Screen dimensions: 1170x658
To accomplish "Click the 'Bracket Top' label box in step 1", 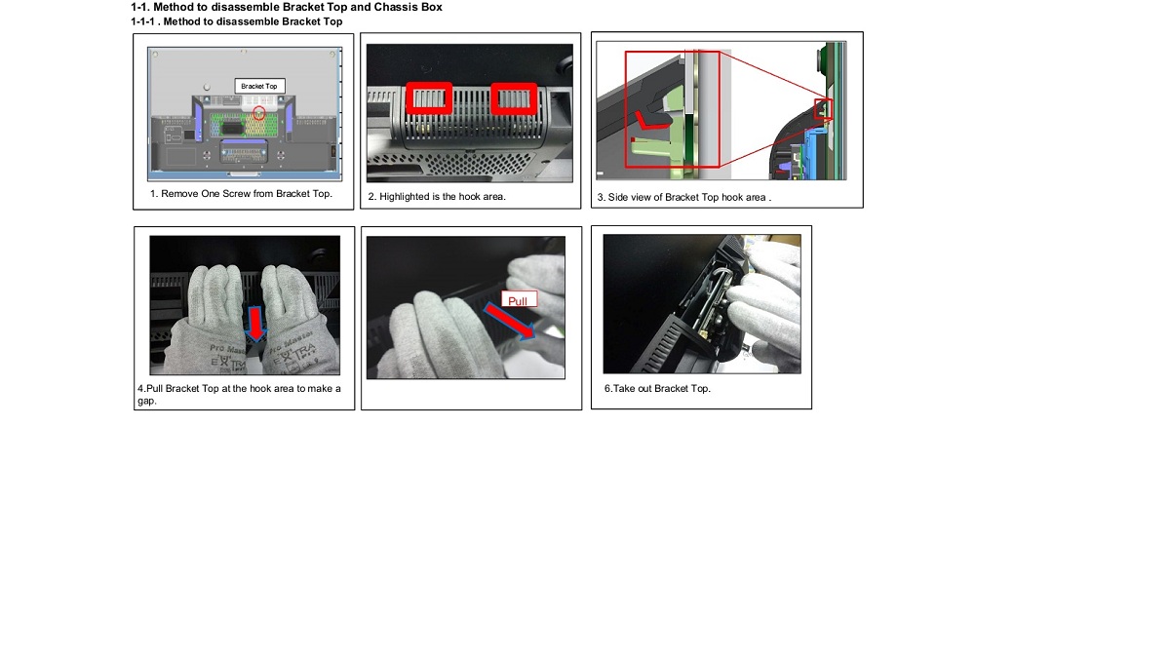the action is tap(259, 86).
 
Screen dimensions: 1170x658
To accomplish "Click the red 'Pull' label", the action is tap(519, 299).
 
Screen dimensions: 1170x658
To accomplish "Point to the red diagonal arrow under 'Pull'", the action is tap(509, 321).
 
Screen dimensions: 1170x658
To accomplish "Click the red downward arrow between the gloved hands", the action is tap(255, 324).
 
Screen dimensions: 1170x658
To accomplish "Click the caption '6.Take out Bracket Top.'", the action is tap(657, 389).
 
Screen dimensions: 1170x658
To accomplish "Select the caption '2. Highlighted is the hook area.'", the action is tap(437, 197).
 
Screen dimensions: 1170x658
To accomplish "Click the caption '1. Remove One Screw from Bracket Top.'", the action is tap(242, 194).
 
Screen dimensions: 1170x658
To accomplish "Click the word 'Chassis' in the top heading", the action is tap(393, 8).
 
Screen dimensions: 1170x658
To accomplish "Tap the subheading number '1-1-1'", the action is tap(142, 21).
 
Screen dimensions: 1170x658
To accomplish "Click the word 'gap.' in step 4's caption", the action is tap(147, 401).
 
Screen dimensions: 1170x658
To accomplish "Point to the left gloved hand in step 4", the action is tap(209, 319).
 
